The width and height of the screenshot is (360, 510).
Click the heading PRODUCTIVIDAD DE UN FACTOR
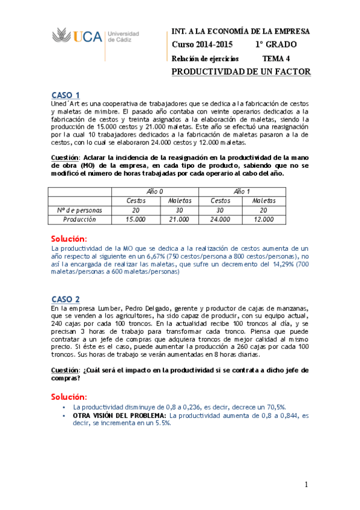[x=241, y=72]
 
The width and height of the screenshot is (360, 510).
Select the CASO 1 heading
[x=66, y=95]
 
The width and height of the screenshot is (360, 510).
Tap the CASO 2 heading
[x=66, y=299]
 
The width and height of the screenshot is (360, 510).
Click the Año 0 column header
[x=155, y=191]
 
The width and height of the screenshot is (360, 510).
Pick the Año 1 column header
[x=242, y=191]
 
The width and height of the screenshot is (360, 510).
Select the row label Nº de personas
[x=79, y=210]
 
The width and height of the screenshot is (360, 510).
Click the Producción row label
[x=79, y=220]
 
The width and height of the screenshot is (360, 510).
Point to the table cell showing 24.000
[x=220, y=220]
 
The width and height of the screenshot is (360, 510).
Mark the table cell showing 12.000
[x=264, y=220]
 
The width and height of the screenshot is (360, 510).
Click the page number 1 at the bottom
[x=306, y=485]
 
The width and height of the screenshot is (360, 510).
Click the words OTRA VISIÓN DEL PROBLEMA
[x=120, y=415]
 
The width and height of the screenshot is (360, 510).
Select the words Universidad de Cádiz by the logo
[x=123, y=36]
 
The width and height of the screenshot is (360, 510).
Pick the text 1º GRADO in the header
[x=275, y=45]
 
